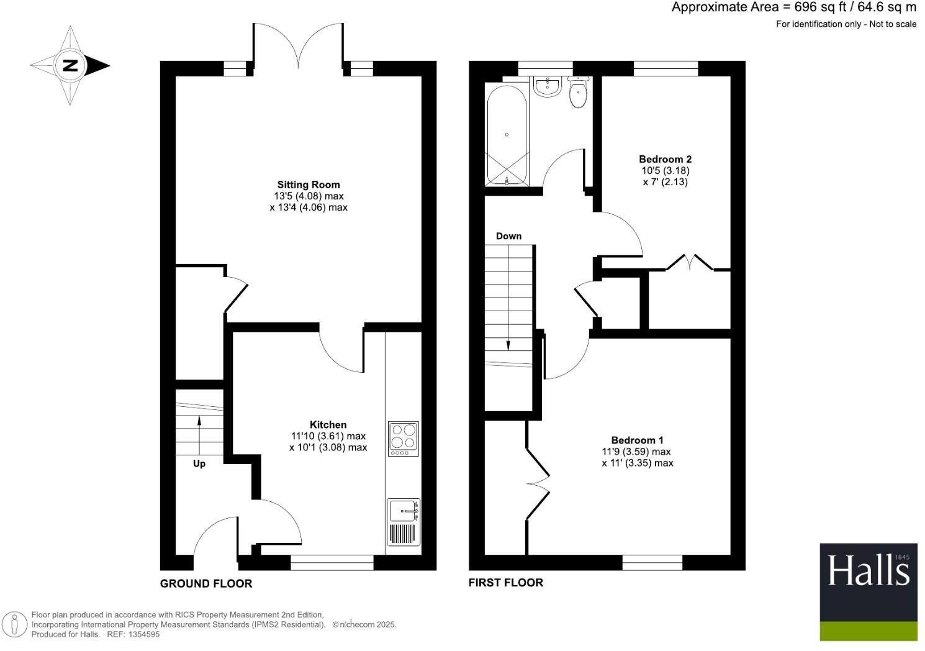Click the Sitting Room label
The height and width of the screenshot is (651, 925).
309,184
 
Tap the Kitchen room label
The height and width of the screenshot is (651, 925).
328,425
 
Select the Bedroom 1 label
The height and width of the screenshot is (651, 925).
637,440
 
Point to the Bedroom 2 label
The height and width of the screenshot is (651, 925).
665,159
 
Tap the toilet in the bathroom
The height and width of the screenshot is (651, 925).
578,93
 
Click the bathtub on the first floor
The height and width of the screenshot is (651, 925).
507,134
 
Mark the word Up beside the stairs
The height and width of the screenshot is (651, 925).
199,464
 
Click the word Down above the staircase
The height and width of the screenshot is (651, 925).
508,236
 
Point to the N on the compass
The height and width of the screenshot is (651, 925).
70,65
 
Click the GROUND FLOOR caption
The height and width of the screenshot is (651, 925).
206,583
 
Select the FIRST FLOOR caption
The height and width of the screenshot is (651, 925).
505,583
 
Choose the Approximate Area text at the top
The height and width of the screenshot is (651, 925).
793,7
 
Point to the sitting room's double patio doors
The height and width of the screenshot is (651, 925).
298,47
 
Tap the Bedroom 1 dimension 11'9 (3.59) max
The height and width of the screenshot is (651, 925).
636,452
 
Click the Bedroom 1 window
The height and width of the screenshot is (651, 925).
652,563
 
